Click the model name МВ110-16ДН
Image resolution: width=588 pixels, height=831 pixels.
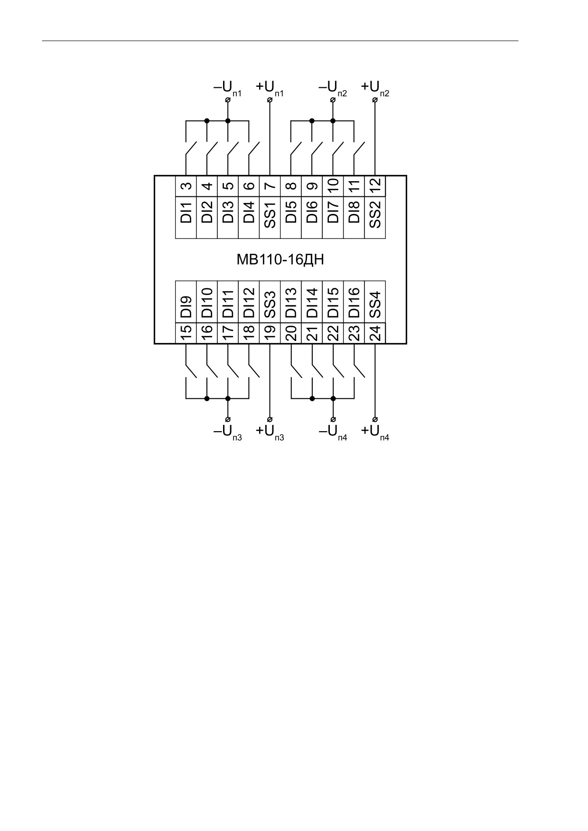coord(280,259)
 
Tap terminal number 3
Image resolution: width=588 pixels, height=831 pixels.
coord(187,186)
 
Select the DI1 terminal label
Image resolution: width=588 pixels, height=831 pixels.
coord(187,212)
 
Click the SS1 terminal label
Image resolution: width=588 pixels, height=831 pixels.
coord(270,215)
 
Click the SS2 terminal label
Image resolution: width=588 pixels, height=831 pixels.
coord(375,215)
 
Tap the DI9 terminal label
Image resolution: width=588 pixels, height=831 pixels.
coord(187,307)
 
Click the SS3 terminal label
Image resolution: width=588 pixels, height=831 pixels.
coord(270,305)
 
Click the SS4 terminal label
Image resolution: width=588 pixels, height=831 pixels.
coord(375,305)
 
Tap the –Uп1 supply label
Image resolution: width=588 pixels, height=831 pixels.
coord(228,88)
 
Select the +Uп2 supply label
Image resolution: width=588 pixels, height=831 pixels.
coord(375,88)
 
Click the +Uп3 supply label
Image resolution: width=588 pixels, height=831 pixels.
coord(270,433)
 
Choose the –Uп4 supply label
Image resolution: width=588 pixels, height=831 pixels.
coord(333,433)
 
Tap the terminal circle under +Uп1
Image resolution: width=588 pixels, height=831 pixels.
coord(270,100)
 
